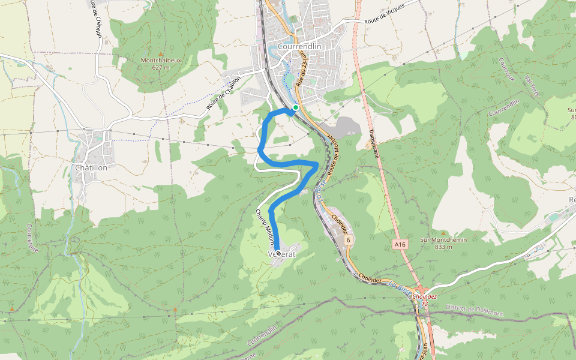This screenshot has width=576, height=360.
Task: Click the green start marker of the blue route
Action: (296, 107)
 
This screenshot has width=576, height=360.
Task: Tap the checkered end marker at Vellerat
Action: (278, 254)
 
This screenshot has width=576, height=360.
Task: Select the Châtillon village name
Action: (91, 168)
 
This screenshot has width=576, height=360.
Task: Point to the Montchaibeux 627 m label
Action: (160, 64)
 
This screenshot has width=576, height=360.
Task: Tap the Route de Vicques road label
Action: (384, 14)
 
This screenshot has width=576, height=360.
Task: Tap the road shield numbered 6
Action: (347, 240)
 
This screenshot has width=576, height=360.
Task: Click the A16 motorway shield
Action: (400, 244)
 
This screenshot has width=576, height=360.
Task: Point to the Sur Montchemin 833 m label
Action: (443, 243)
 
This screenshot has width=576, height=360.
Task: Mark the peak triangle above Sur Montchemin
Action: (443, 233)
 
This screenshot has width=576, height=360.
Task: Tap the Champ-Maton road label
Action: (265, 227)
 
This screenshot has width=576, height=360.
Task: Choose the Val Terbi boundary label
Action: (532, 88)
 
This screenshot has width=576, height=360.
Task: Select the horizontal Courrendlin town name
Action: (300, 47)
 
